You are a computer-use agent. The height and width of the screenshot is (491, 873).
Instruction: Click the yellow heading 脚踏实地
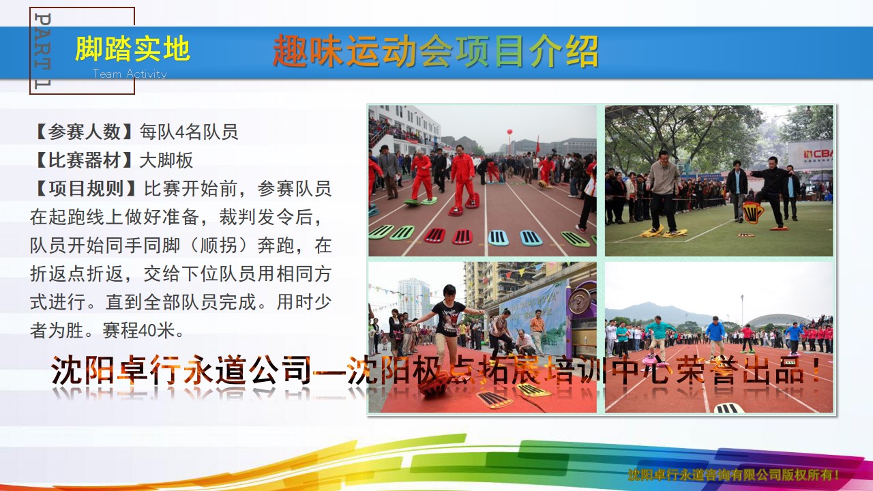point(132,48)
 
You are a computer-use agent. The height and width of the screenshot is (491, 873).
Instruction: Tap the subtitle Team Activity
point(130,74)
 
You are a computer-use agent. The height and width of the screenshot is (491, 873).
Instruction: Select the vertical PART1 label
point(42,50)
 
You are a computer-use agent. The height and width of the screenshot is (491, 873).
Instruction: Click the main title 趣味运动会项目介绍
point(435,50)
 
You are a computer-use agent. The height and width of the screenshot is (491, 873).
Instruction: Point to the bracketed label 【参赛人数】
point(84,132)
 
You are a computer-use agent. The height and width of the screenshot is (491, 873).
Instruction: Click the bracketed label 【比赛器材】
point(84,160)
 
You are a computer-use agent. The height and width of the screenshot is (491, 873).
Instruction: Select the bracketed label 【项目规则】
point(85,189)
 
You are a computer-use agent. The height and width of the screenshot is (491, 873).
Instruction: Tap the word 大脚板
point(166,160)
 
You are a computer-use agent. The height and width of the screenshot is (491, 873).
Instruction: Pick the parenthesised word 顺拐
point(218,245)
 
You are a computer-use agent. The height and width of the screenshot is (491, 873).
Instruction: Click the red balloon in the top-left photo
point(509,132)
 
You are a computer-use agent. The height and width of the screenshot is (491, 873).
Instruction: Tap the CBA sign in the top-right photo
point(812,155)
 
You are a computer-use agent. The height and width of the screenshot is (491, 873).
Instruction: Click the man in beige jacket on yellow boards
point(663,191)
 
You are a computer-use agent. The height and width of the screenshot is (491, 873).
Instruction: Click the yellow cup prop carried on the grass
point(752,212)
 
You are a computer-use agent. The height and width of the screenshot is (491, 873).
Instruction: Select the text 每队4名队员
point(189,132)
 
